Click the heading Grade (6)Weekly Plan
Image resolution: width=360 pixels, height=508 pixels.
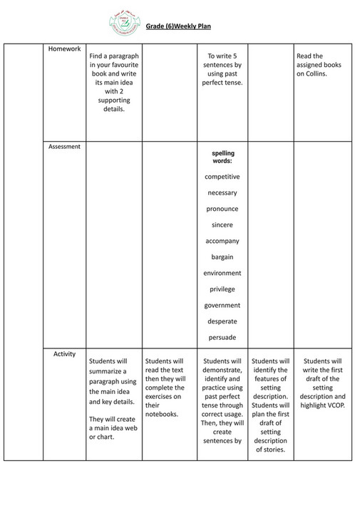click(178, 27)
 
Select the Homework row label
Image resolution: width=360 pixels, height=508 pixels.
click(64, 48)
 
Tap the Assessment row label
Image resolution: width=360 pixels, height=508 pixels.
click(64, 147)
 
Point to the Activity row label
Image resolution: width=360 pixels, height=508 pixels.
click(64, 353)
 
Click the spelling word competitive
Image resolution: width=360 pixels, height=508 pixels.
click(222, 177)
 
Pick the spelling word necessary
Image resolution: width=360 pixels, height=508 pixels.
click(222, 193)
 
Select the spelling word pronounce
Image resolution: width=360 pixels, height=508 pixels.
click(222, 209)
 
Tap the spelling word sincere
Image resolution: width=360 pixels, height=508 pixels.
click(222, 224)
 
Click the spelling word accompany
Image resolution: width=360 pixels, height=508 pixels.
click(222, 241)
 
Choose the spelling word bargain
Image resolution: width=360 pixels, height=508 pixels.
click(222, 256)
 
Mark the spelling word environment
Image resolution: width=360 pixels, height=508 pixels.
click(222, 273)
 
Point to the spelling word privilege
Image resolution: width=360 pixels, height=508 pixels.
click(222, 289)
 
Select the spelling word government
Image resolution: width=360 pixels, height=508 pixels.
click(222, 305)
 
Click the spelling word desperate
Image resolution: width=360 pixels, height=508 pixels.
click(222, 321)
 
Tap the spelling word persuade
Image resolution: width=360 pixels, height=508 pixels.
click(222, 337)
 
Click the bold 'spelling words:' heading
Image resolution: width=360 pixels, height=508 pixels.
click(222, 157)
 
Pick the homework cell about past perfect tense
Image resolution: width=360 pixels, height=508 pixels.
click(222, 69)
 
